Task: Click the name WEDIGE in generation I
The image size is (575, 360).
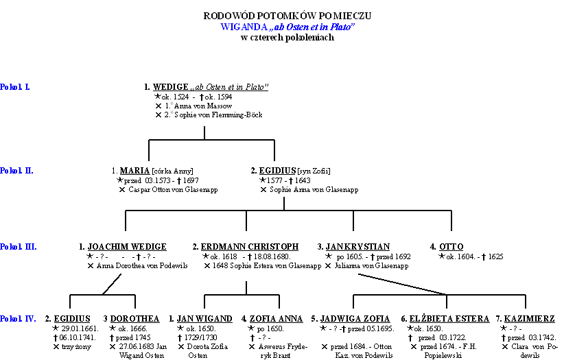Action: click(x=169, y=87)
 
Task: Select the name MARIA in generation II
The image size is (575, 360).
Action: click(x=134, y=171)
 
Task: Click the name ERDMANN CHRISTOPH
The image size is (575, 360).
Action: click(x=250, y=247)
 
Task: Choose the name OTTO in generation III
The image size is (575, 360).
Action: click(x=451, y=247)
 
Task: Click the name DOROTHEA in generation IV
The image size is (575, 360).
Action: click(x=134, y=319)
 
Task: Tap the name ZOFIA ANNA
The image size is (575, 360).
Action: click(x=276, y=319)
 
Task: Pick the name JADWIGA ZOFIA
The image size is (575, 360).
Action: click(x=355, y=319)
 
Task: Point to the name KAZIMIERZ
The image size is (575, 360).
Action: click(x=530, y=319)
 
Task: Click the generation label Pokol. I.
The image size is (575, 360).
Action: click(x=15, y=87)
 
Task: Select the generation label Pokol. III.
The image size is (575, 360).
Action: click(x=19, y=247)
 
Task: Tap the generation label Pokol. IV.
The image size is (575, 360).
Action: click(x=19, y=319)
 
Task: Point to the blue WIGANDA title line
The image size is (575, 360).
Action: click(x=287, y=26)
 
